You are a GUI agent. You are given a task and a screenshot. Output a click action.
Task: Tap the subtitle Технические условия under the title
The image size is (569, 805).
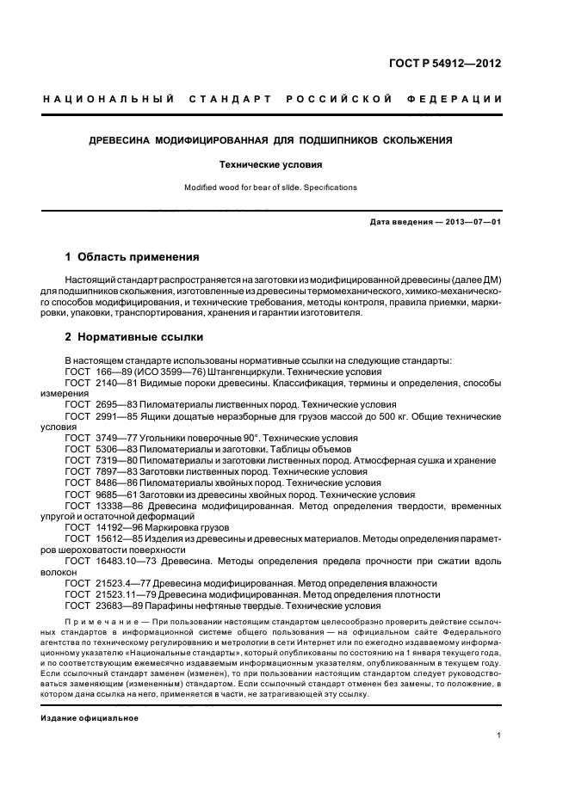[284, 163]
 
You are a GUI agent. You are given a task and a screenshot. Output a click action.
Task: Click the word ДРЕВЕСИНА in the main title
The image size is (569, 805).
[127, 139]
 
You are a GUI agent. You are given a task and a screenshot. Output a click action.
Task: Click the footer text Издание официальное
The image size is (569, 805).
[90, 718]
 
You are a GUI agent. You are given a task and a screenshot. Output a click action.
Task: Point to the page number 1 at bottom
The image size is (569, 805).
[499, 735]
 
